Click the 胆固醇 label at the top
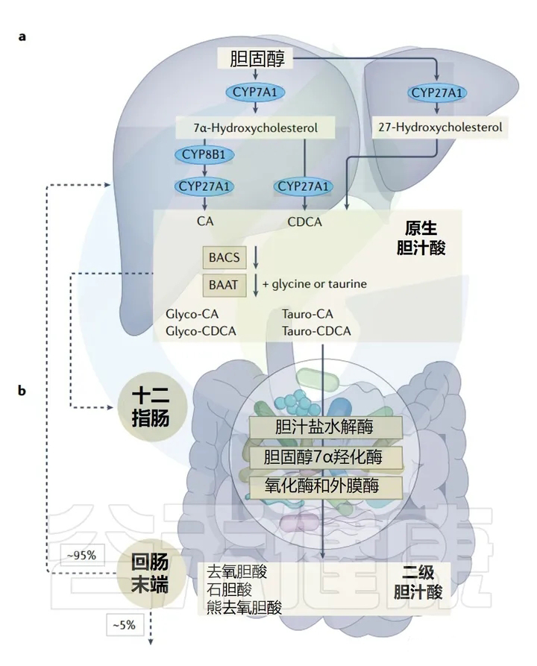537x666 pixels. (x=257, y=58)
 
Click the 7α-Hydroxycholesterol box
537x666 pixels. (x=254, y=128)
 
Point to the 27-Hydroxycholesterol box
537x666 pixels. (x=439, y=128)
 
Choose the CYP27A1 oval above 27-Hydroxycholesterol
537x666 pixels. (x=438, y=92)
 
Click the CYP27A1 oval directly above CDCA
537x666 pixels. (x=304, y=186)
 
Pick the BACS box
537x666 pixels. (x=224, y=258)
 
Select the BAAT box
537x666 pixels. (x=224, y=284)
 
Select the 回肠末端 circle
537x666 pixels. (x=149, y=575)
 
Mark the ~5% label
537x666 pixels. (x=124, y=625)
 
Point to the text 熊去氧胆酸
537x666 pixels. (x=245, y=607)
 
